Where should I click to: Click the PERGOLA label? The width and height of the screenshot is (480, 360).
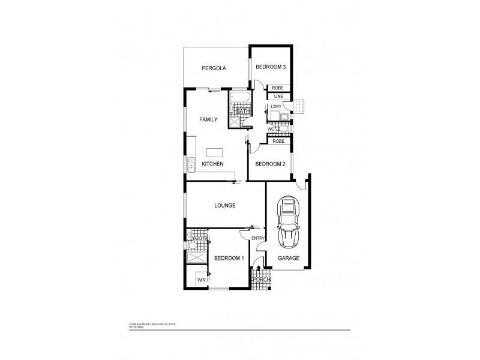pyautogui.click(x=213, y=68)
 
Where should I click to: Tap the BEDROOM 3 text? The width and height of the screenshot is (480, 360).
pyautogui.click(x=270, y=67)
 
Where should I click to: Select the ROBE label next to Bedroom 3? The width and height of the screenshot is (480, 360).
pyautogui.click(x=278, y=88)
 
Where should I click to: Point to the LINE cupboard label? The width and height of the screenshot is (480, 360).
pyautogui.click(x=278, y=96)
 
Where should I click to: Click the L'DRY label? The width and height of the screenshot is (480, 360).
pyautogui.click(x=276, y=107)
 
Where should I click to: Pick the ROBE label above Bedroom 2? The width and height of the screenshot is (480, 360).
pyautogui.click(x=278, y=142)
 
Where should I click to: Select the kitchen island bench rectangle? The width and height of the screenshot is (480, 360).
pyautogui.click(x=214, y=152)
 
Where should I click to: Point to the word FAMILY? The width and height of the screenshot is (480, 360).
pyautogui.click(x=208, y=120)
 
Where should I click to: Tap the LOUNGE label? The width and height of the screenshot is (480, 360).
pyautogui.click(x=224, y=205)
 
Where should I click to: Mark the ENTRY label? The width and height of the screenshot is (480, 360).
pyautogui.click(x=258, y=238)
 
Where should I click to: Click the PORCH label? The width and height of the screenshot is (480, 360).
pyautogui.click(x=262, y=280)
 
